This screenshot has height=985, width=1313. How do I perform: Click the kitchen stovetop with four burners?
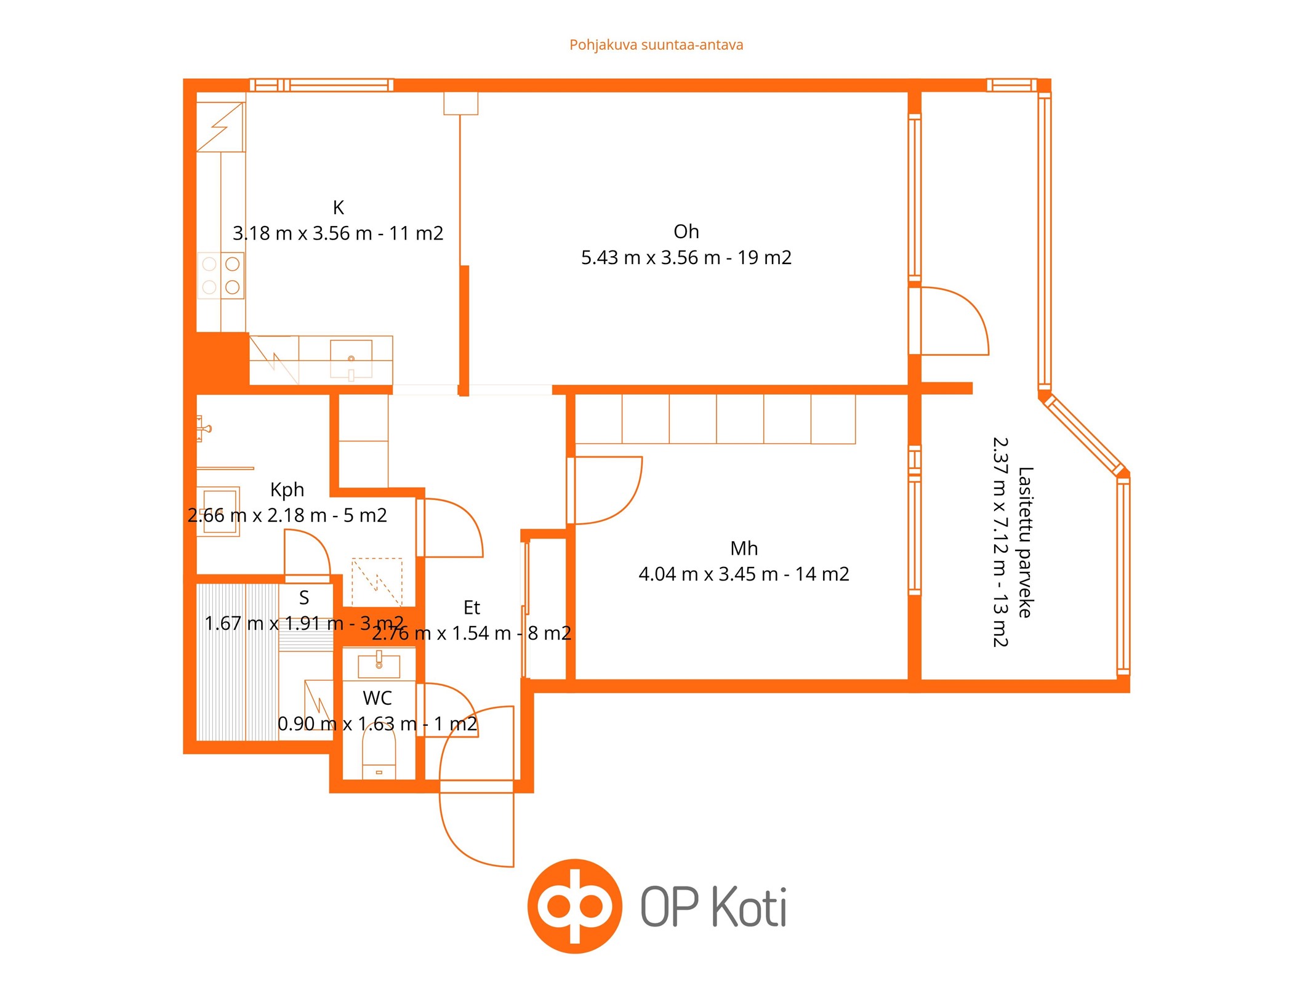point(220,276)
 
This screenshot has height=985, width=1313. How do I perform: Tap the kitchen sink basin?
point(351,358)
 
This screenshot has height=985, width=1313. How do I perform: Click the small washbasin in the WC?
point(379,665)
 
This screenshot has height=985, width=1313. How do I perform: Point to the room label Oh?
point(686,231)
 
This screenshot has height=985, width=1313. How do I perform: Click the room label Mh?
point(744,548)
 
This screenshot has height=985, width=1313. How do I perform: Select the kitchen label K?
point(338,207)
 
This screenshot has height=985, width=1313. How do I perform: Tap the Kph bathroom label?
point(287,489)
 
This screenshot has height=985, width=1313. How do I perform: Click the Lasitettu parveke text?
point(1026,542)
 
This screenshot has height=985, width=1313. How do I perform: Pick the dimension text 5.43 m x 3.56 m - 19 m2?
point(686,257)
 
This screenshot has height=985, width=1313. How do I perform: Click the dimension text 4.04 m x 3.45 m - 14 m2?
point(744,574)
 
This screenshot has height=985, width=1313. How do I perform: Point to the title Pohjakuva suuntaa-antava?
point(656,45)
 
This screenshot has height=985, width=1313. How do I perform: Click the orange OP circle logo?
point(575,906)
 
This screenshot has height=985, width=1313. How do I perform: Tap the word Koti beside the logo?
point(749,907)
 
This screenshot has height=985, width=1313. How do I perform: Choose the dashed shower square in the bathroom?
point(377,582)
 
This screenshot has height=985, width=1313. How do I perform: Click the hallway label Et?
point(472,608)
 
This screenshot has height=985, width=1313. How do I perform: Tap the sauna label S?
point(303,598)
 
